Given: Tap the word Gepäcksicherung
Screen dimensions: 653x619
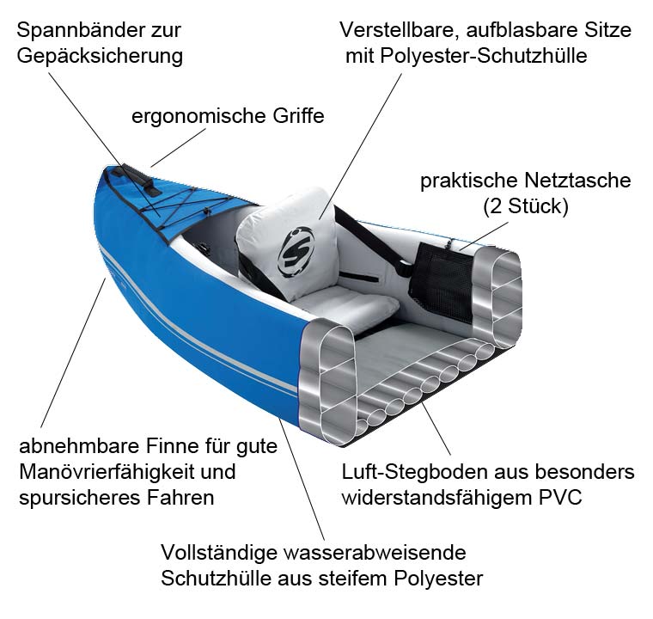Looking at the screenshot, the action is point(100,56).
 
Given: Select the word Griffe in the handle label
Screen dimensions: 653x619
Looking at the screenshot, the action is point(298,116).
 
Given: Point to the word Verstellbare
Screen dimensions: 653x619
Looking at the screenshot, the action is point(400,30).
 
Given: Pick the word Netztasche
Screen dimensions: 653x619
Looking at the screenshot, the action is point(577,181).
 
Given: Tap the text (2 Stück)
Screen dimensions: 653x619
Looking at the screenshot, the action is point(526,206).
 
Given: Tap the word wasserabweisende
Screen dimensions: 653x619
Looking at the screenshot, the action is point(375,553).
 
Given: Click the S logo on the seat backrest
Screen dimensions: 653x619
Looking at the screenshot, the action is point(296,252).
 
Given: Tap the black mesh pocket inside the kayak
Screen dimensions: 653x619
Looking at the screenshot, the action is point(442,279).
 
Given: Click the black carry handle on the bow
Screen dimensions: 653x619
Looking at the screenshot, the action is point(141,179).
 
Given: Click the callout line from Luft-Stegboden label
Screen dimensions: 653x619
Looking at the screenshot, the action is point(436,428).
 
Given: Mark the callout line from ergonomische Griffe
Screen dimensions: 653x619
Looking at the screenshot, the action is point(178,148).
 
